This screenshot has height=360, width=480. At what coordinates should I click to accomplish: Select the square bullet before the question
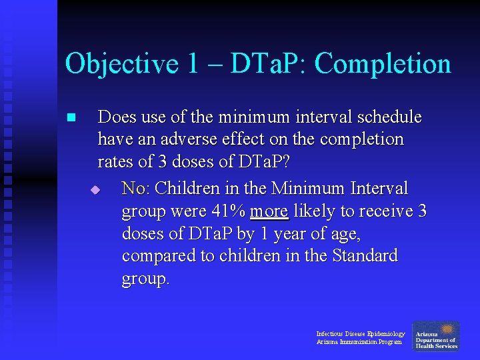tap(72, 118)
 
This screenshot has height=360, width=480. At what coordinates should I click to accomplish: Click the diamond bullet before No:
tap(95, 190)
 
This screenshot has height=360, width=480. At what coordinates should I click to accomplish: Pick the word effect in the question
tap(241, 139)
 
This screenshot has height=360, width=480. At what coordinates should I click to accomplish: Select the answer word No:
tap(136, 189)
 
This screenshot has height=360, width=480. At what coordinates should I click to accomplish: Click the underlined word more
tap(269, 211)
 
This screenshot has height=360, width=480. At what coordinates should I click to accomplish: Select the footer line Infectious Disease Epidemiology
tap(360, 333)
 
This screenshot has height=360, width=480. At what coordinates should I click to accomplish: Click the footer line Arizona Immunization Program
tap(359, 342)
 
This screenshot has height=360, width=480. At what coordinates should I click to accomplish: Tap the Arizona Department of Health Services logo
tap(436, 336)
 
